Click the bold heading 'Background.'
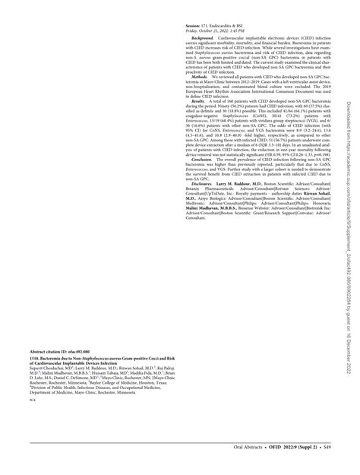[204, 36]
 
